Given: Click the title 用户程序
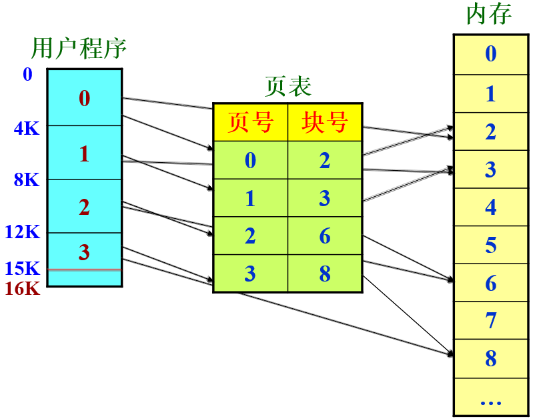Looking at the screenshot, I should pos(79,49).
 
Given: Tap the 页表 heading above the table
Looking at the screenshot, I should pos(288,86).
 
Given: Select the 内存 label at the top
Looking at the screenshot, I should pos(490,14).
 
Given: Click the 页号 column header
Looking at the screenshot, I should pos(250,122).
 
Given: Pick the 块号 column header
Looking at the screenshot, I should pos(325,122).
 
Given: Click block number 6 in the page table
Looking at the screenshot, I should pos(325,236).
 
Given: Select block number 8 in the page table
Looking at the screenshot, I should pos(325,274).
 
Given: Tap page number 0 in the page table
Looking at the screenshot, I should pos(250,161).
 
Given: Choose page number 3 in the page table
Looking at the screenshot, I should pos(250,274).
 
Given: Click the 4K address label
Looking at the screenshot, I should pos(27,129).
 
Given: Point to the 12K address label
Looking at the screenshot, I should pos(23,232).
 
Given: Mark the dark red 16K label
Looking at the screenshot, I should pos(23,289).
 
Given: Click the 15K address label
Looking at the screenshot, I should pos(23,269).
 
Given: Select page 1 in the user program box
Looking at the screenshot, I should pos(84,153).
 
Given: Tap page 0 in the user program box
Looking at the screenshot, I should pos(84,99).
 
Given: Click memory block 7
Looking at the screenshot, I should pos(491,321).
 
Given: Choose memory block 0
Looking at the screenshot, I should pos(491,53).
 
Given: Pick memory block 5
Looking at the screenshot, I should pos(491,245).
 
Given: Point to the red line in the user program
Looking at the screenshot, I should pos(84,270).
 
